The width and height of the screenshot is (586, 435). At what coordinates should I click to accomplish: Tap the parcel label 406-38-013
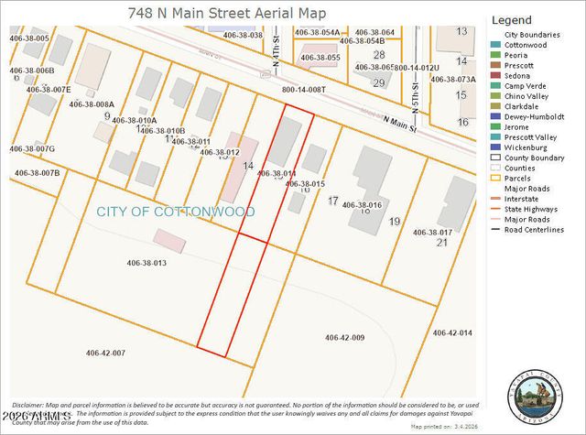pos(146,263)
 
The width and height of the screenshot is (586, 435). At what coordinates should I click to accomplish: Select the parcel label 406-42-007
pos(105,353)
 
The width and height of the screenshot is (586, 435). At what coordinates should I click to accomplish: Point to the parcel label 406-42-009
pos(345,338)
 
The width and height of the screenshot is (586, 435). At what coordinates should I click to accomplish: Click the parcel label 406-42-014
pos(452,332)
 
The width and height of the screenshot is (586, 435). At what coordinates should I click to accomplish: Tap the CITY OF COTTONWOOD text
pos(176,212)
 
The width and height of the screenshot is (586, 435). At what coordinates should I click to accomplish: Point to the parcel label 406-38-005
pos(30,38)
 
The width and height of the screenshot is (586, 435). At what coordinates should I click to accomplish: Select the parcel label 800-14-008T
pos(303,90)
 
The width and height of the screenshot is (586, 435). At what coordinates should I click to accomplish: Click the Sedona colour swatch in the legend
pos(496,75)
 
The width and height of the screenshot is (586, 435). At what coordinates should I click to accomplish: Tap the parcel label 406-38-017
pos(433,233)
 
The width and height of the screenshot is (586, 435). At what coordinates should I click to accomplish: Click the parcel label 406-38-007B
pos(38,172)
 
